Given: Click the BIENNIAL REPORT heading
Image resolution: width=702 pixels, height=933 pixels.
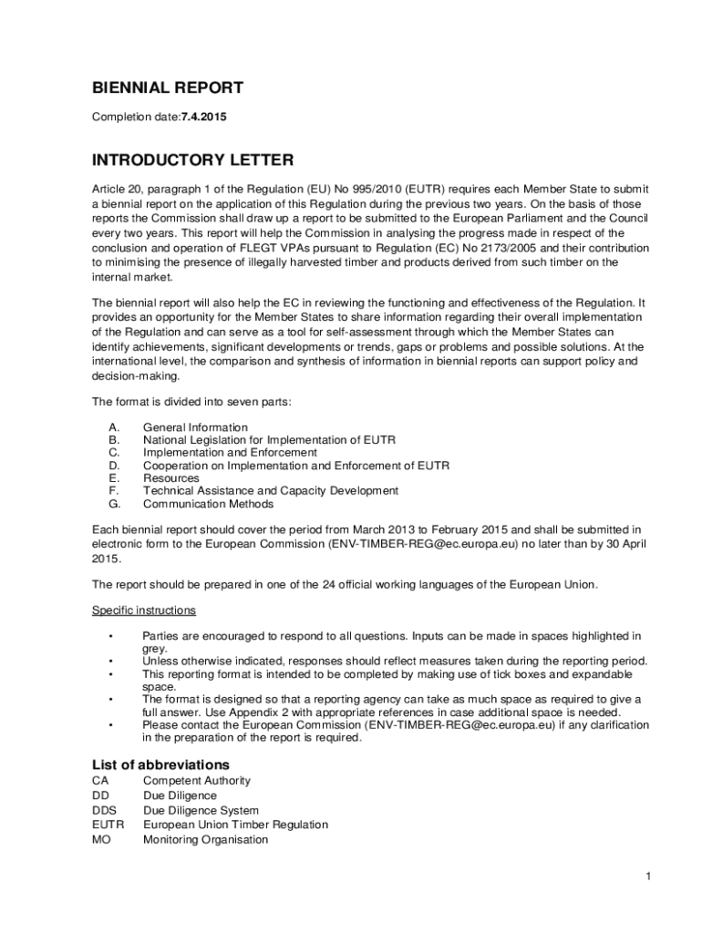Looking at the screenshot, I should click(168, 88).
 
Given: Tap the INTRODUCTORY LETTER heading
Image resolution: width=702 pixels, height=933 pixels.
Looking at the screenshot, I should click(192, 160).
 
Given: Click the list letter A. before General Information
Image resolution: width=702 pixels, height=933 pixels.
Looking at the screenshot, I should click(114, 427).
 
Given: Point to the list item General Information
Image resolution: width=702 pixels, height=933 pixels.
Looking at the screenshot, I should click(195, 427).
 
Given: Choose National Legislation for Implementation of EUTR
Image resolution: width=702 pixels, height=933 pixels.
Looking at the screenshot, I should click(269, 440).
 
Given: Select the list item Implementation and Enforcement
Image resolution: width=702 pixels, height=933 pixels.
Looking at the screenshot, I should click(230, 453).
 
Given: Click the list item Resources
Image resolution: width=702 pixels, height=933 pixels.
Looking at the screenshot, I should click(171, 478).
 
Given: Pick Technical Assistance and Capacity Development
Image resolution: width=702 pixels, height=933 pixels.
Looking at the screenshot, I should click(271, 491).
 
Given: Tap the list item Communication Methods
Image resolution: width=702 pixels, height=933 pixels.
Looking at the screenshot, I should click(208, 504).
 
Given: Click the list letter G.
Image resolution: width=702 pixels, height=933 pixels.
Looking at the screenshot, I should click(114, 504).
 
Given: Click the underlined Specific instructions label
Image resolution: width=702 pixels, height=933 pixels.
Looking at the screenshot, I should click(144, 610).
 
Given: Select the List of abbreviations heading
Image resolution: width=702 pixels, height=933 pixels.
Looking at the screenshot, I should click(160, 764).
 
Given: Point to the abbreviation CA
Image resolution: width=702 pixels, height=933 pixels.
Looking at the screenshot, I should click(100, 781).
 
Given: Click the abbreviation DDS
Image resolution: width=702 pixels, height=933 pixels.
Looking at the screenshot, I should click(105, 810).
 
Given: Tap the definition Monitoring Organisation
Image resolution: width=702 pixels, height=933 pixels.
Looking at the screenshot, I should click(205, 839).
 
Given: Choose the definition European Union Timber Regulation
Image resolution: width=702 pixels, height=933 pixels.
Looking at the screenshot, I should click(235, 825).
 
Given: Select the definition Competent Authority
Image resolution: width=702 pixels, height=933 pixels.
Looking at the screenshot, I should click(197, 781).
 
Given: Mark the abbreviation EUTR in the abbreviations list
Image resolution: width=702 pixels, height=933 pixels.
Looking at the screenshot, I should click(108, 825).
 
